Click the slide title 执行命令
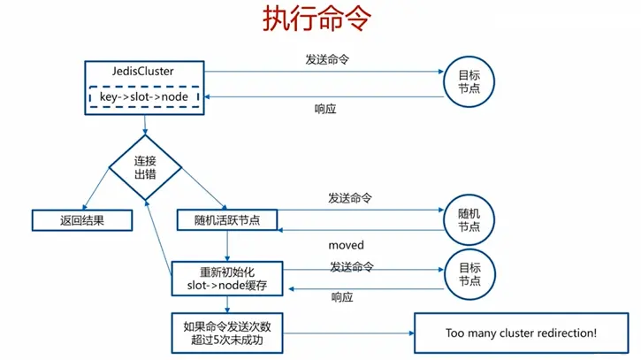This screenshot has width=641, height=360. coord(319,21)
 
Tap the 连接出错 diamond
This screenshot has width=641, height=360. coord(145,168)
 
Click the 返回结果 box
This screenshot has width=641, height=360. coord(81,219)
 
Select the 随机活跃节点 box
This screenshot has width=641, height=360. coord(225,219)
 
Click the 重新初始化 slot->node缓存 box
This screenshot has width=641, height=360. coord(227,278)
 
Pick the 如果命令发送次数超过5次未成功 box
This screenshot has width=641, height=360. coord(227,333)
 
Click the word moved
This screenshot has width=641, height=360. coord(346,244)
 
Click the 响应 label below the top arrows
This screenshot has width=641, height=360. coord(325,109)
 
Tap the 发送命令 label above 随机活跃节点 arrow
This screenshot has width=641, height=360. coord(349,196)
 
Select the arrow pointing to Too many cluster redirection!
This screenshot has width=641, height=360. coord(354,333)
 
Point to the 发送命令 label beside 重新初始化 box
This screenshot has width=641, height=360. coord(351,266)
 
